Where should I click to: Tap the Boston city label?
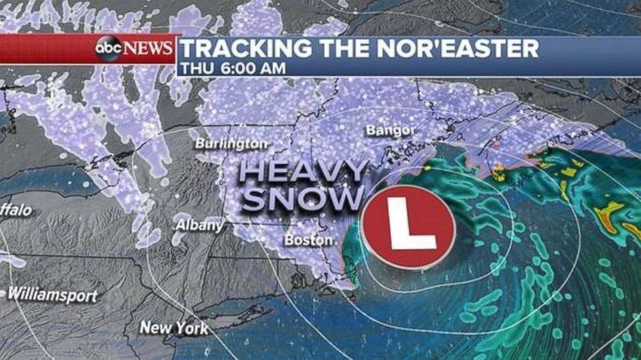coord(309,240)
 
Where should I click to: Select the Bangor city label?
coord(390,131)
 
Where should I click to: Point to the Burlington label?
coord(231,143)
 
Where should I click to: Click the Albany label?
coord(200,226)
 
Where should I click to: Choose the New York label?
coord(174,328)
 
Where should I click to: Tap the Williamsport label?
coord(53,296)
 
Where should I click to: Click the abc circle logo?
coord(109,48)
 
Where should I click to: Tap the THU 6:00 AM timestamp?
coord(233,69)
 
